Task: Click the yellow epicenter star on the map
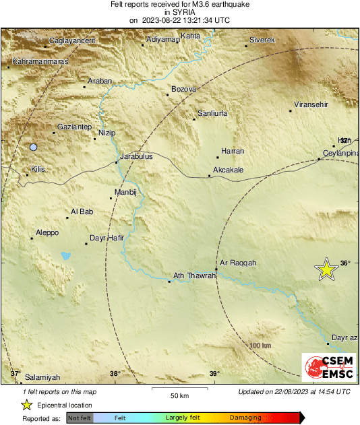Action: point(327,269)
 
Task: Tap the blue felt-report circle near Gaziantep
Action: point(32,147)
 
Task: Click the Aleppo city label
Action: point(46,232)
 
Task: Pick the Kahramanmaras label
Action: point(38,62)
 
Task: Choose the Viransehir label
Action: point(311,106)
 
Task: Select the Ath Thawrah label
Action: point(193,275)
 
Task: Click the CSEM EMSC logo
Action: point(329,368)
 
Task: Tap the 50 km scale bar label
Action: point(178,395)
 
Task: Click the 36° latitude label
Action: point(345,263)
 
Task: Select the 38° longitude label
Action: point(115,374)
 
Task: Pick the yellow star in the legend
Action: point(26,405)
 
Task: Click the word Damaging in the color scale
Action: point(241,418)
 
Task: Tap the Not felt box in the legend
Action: point(80,418)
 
